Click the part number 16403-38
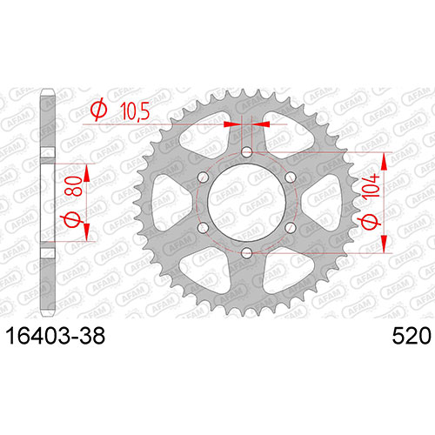click(56, 336)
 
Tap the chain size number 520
click(412, 336)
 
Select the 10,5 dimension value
click(135, 111)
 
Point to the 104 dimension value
click(371, 186)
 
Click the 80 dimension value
click(73, 186)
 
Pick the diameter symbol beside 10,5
click(99, 110)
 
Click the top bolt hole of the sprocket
click(247, 151)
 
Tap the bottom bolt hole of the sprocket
click(247, 252)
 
